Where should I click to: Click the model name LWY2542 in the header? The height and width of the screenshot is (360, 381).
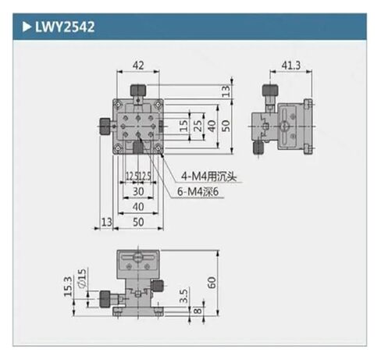click(x=65, y=28)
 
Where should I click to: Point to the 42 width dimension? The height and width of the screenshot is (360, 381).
click(x=138, y=65)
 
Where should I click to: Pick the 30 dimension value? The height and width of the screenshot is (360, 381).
click(x=137, y=191)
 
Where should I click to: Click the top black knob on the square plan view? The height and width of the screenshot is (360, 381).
click(x=138, y=92)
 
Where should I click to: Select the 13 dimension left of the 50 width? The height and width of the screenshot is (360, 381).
click(x=106, y=223)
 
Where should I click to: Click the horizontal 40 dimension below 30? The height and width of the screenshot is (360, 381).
click(x=137, y=206)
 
